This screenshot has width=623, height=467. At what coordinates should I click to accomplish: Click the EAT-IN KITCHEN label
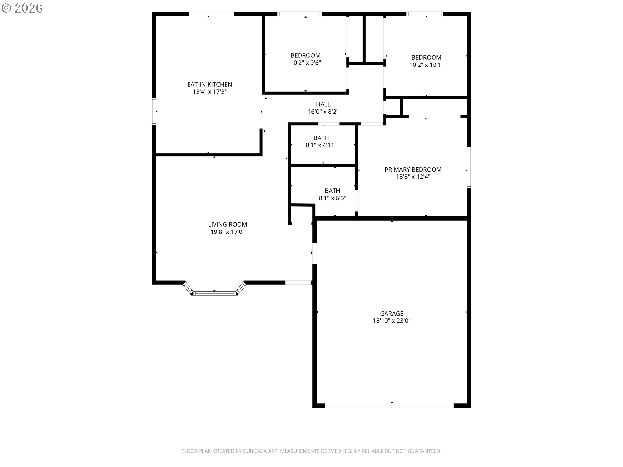210,84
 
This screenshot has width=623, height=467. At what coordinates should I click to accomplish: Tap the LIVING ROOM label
227,224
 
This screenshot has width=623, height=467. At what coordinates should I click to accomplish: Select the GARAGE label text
392,314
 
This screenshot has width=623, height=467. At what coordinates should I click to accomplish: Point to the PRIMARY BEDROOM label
413,170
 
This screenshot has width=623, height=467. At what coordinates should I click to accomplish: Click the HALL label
323,104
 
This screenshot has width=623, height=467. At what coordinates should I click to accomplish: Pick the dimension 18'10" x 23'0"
392,321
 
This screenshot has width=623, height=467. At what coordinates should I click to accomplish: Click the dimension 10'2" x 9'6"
305,63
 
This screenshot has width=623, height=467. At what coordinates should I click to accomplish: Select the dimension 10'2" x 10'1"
426,65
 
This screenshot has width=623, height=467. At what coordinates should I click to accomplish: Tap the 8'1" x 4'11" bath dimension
321,145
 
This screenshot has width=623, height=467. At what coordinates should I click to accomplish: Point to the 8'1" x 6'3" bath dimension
333,198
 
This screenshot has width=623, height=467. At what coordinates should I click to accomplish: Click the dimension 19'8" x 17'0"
227,232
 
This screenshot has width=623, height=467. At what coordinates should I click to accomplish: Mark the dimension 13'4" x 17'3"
210,92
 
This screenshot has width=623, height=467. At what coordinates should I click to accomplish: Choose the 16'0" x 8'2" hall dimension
323,112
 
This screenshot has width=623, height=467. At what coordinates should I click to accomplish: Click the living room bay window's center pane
214,293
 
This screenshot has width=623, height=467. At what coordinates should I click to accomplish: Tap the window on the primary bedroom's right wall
469,168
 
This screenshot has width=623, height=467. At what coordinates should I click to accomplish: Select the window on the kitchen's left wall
154,111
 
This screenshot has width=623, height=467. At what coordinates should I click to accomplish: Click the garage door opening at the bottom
389,406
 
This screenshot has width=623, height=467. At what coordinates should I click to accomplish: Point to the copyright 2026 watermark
22,8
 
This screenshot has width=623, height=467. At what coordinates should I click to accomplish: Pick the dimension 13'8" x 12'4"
413,177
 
